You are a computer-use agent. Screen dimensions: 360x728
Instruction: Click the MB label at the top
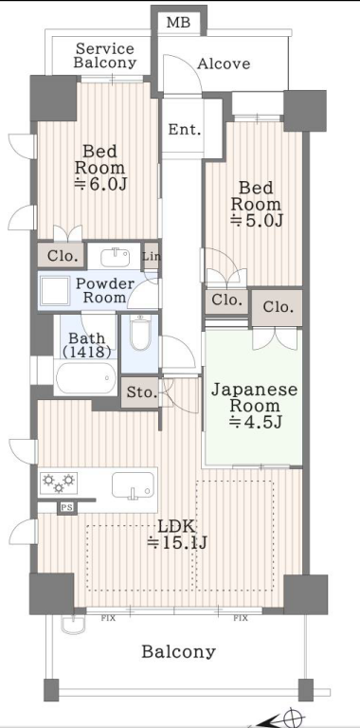tap(179, 22)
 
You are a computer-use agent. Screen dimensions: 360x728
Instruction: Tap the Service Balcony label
tap(105, 56)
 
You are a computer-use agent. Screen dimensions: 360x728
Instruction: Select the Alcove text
tap(224, 64)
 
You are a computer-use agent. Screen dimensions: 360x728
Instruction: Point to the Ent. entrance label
tap(185, 130)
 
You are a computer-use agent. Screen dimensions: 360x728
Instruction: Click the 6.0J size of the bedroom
tap(100, 184)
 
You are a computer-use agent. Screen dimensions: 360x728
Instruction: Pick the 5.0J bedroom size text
tap(257, 221)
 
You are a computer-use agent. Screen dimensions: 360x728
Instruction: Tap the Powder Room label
tap(105, 290)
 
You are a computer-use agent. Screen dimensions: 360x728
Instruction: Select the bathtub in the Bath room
tap(86, 377)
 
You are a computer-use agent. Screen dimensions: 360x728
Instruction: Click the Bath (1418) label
tap(87, 345)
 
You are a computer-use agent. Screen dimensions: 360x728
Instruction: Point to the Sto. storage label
tap(142, 392)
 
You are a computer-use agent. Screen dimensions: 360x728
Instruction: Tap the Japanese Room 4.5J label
tap(254, 406)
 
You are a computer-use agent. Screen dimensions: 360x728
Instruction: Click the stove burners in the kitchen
tap(59, 482)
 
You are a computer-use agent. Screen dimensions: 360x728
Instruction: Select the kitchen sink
tap(133, 485)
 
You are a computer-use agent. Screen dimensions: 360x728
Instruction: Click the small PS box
tap(67, 508)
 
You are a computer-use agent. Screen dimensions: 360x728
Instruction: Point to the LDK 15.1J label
tap(177, 535)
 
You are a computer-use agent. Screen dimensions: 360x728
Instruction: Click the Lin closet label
tap(152, 256)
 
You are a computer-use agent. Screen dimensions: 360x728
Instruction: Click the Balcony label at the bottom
tap(179, 652)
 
